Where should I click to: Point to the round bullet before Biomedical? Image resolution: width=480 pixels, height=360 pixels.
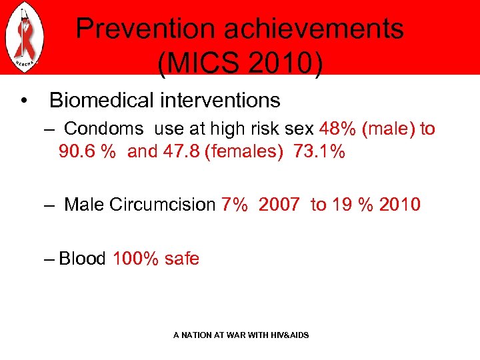(24, 101)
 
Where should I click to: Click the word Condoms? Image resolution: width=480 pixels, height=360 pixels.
(103, 128)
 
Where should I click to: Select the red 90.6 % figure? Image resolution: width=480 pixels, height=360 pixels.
(87, 151)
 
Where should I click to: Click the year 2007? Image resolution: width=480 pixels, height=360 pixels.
(279, 205)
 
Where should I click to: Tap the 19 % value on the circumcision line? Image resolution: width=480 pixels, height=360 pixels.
(352, 205)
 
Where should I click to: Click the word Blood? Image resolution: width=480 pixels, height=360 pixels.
(82, 259)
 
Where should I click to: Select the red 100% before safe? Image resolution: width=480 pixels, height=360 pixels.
(136, 259)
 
